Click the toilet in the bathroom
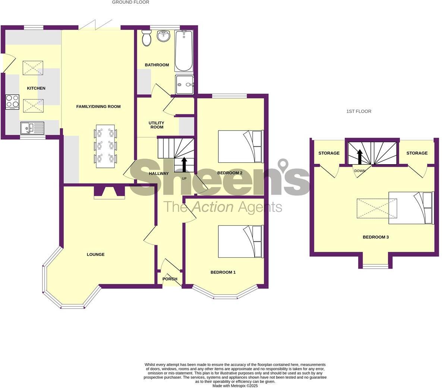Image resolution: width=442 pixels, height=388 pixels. click(x=146, y=38)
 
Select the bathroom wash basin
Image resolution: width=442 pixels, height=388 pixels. click(x=163, y=36)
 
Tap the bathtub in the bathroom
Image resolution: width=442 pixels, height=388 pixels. click(x=184, y=51)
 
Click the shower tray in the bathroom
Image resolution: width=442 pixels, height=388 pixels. click(x=184, y=85)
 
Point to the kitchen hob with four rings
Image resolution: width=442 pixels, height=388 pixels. click(x=12, y=102)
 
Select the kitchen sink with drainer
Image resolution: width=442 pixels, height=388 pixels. click(x=32, y=128)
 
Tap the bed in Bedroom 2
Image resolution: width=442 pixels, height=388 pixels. click(x=240, y=147)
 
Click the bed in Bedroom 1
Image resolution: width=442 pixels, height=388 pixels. click(x=240, y=241)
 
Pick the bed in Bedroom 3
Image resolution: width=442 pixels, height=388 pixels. click(x=411, y=208)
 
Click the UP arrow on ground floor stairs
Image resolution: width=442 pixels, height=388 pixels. click(x=184, y=164)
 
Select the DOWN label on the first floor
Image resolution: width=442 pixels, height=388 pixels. click(x=360, y=171)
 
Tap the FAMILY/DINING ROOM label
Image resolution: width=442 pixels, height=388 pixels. click(x=98, y=107)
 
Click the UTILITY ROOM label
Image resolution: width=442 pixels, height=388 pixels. click(x=157, y=125)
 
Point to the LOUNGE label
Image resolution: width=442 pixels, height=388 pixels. click(x=96, y=254)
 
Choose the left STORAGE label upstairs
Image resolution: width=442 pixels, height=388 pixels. click(x=329, y=153)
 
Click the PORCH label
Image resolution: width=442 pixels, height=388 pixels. click(x=170, y=279)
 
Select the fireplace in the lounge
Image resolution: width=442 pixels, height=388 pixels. click(x=109, y=192)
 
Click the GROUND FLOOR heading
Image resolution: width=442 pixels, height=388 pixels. click(x=130, y=2)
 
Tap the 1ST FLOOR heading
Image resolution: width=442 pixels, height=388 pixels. click(x=359, y=112)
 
